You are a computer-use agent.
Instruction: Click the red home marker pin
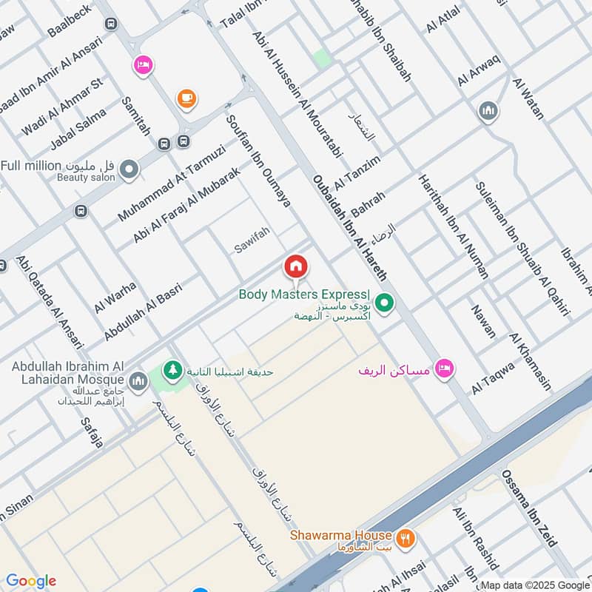(x=296, y=266)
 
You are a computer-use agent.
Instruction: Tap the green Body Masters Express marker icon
(x=384, y=303)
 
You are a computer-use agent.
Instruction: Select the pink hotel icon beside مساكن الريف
(x=444, y=368)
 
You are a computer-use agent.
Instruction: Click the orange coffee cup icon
(x=185, y=98)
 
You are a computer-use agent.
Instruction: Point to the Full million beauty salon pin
(x=129, y=170)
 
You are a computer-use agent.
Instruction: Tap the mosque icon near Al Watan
(x=488, y=112)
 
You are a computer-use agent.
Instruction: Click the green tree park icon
(x=173, y=369)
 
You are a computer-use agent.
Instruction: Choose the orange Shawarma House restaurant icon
(x=404, y=538)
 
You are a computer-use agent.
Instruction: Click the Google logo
(x=30, y=581)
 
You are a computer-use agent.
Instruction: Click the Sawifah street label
(x=252, y=241)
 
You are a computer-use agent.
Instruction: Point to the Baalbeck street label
(x=69, y=21)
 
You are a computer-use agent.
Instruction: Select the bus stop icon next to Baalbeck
(x=111, y=24)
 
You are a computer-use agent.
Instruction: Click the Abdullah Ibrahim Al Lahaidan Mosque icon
(x=138, y=382)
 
